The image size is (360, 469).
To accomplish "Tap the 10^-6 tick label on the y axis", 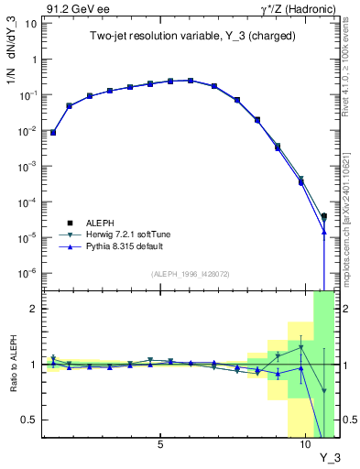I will pyautogui.click(x=27, y=273).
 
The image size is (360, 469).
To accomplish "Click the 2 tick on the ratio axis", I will pyautogui.click(x=32, y=309).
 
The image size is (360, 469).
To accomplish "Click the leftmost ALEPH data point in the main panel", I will pyautogui.click(x=53, y=133).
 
